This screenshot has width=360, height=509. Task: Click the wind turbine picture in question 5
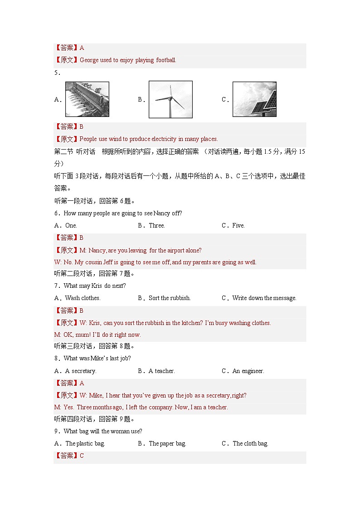(x=170, y=99)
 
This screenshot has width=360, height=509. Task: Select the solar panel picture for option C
(x=254, y=99)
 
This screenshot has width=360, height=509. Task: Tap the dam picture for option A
(x=87, y=99)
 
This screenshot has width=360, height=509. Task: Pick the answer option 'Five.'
(x=238, y=225)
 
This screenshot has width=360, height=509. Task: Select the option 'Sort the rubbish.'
(x=170, y=298)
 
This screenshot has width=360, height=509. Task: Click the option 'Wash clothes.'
(x=83, y=298)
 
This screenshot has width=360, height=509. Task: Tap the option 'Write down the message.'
(x=264, y=298)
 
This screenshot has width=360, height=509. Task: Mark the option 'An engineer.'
(x=248, y=371)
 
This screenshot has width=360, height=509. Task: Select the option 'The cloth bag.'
(x=250, y=443)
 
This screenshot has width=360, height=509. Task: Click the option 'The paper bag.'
(x=167, y=443)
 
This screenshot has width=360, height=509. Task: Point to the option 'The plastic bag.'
(x=85, y=443)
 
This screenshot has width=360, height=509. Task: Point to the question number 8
(x=56, y=359)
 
